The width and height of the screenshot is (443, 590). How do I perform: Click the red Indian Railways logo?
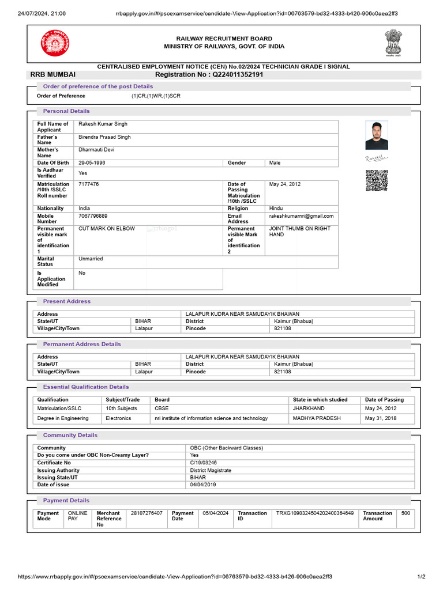pos(54,43)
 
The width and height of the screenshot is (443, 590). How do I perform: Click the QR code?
pos(376,180)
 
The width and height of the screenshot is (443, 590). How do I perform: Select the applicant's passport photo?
pos(377,135)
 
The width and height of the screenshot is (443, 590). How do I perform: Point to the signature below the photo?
pos(377,157)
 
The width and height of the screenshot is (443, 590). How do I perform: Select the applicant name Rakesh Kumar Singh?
pos(103,124)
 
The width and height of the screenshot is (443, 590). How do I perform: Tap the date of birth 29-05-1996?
pos(92,163)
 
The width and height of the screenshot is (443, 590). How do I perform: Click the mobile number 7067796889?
pos(93,216)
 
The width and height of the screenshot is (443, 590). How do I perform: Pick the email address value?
pos(301,216)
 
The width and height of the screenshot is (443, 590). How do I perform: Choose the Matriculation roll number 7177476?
pos(88,184)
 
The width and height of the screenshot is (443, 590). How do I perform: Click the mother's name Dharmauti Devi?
pos(96,150)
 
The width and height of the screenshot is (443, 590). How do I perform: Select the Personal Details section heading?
pos(66,111)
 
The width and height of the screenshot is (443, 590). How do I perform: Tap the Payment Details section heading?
pos(66,500)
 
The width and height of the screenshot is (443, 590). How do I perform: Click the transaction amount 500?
pos(406,513)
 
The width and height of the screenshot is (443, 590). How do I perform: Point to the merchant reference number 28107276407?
pos(147,513)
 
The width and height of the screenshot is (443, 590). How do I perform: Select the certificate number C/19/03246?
pos(204,463)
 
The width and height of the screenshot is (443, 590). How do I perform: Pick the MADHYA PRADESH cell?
pos(317,418)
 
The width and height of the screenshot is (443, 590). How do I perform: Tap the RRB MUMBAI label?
pos(53,74)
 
